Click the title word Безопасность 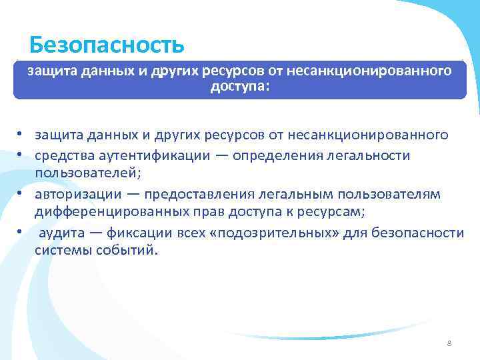click(107, 45)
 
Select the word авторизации click(78, 194)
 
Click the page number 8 click(449, 343)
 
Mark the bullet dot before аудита click(20, 232)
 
